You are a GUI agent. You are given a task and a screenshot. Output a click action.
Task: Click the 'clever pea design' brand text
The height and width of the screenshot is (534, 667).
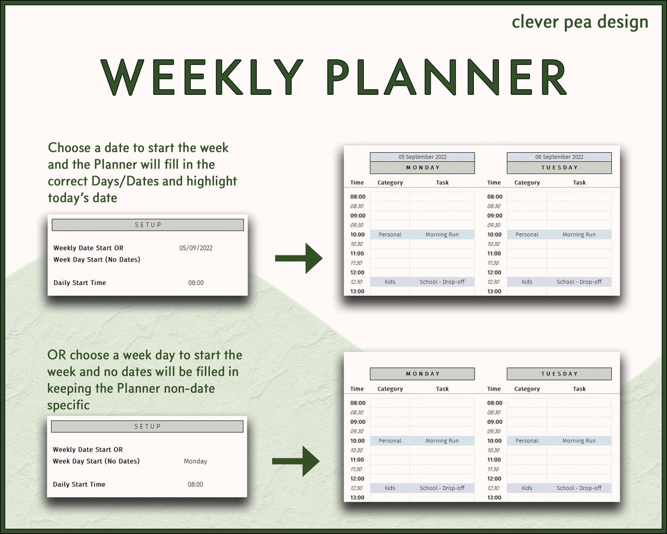pos(580,22)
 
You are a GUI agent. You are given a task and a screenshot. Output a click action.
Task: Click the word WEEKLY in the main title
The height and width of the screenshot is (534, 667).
pos(202,77)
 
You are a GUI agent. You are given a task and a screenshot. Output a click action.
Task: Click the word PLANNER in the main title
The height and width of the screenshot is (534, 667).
pos(446,77)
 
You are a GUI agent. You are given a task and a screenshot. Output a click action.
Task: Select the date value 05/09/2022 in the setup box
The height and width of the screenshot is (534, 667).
pos(196,248)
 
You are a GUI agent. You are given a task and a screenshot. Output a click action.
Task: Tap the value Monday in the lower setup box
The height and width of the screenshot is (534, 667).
pos(195,461)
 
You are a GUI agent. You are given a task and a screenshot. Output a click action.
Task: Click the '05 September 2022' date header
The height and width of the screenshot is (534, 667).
pos(422,157)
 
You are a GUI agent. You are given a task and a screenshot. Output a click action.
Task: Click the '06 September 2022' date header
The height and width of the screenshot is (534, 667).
pos(559,157)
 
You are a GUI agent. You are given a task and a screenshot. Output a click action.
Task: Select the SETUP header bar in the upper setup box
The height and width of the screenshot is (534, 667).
pos(148,225)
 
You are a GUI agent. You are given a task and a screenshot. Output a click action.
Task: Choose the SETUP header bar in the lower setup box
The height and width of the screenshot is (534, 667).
pos(147,426)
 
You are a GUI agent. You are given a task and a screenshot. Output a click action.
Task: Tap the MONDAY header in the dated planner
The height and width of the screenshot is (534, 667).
pos(422,167)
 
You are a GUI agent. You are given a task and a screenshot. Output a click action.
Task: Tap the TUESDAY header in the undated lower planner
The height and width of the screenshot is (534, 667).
pos(559,374)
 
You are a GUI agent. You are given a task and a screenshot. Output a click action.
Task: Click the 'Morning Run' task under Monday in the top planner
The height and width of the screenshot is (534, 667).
pos(442,235)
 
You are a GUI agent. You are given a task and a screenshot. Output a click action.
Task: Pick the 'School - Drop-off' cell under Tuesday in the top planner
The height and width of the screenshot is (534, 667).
pos(579,282)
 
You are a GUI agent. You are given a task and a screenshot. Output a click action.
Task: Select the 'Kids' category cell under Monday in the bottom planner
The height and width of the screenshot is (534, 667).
pos(390,488)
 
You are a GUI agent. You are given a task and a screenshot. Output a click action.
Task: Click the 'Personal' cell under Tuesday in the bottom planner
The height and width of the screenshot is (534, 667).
pos(527,441)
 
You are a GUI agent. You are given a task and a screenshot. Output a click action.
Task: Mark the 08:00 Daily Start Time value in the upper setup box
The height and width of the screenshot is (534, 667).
pos(196,283)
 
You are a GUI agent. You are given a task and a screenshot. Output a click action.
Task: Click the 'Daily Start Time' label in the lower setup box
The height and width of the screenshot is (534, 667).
pos(79,484)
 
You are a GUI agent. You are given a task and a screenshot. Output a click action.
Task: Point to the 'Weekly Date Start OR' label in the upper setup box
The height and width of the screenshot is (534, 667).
pos(88,248)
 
